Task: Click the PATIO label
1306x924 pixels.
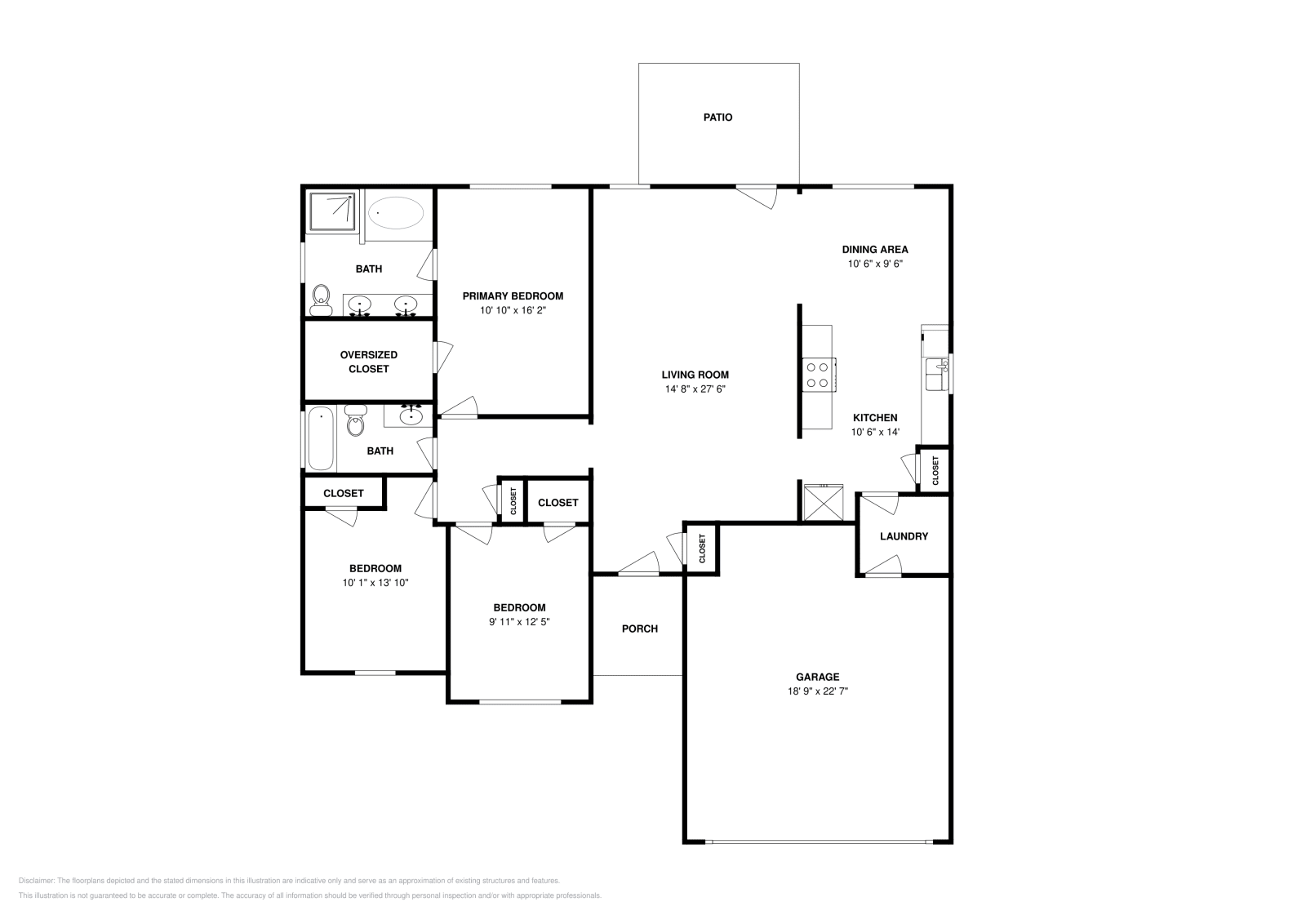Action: click(x=717, y=118)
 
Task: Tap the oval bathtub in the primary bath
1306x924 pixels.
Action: click(x=396, y=214)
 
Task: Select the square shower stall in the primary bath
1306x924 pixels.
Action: click(x=332, y=211)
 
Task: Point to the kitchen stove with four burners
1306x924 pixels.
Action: click(x=818, y=375)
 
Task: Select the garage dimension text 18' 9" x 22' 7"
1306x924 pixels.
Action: click(x=817, y=691)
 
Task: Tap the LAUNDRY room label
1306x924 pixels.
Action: click(x=904, y=536)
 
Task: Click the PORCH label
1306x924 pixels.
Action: click(x=639, y=629)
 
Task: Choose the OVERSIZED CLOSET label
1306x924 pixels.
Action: click(x=369, y=362)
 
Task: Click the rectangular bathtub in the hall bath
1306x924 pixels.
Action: click(x=321, y=438)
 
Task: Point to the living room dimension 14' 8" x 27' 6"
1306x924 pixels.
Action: click(x=695, y=389)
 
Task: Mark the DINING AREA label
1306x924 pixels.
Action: click(x=875, y=250)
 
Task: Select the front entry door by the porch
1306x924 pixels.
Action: click(x=639, y=564)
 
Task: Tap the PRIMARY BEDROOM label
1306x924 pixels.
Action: click(x=513, y=296)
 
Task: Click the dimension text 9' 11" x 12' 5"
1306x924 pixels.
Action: click(x=519, y=622)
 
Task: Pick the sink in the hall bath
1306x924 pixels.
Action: click(x=410, y=417)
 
